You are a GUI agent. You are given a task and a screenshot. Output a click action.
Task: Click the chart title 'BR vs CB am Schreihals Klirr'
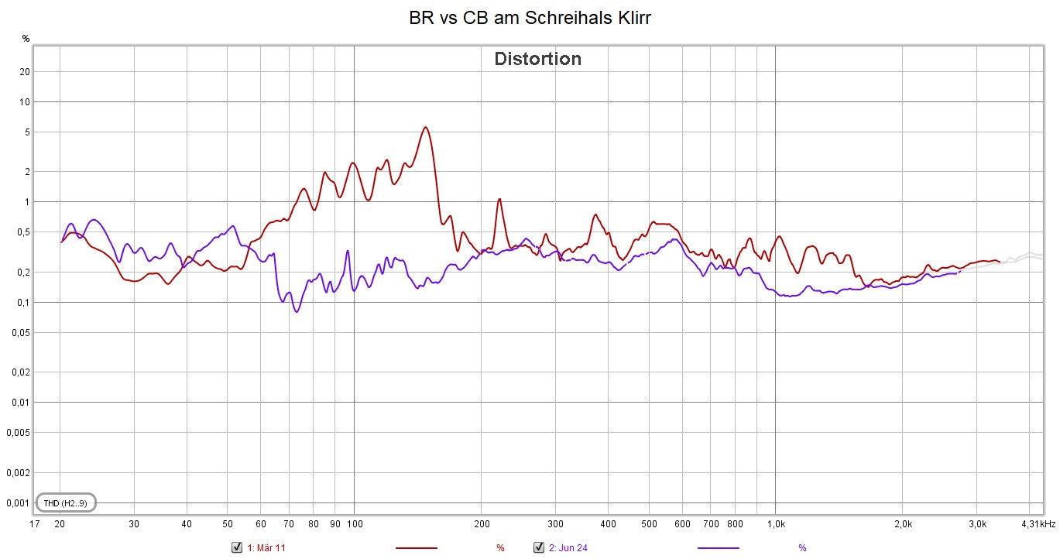click(x=530, y=19)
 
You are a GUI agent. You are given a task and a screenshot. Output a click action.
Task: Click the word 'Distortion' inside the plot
click(x=537, y=59)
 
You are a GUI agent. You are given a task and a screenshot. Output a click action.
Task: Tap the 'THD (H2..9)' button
click(x=66, y=503)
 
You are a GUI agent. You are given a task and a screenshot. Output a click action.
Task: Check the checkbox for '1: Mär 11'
click(x=237, y=547)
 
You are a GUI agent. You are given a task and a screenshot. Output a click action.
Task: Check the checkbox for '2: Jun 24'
click(x=539, y=547)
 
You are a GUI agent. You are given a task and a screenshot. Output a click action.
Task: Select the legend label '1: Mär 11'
click(x=266, y=548)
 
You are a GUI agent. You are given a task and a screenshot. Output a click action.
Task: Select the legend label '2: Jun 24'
click(x=568, y=548)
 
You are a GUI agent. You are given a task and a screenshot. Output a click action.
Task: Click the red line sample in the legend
click(x=417, y=548)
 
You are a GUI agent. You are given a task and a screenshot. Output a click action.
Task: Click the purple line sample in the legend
click(x=719, y=548)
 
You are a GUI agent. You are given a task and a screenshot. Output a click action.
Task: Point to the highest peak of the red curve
click(x=425, y=128)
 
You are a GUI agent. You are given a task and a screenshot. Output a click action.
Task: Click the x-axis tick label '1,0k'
click(x=776, y=524)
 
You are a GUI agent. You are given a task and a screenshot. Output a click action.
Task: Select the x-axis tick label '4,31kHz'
click(x=1037, y=524)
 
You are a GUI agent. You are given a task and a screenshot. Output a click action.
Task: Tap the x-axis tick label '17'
click(x=34, y=524)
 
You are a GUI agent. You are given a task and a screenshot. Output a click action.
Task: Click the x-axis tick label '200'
click(x=481, y=524)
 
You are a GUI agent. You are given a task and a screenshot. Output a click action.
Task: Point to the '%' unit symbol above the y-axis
click(x=26, y=38)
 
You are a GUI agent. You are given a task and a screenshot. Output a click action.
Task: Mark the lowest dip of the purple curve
click(x=296, y=311)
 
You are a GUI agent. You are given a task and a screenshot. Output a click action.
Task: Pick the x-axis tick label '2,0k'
click(x=903, y=524)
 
